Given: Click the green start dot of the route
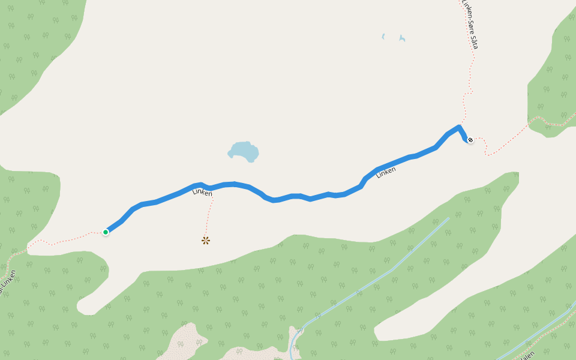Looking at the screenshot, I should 106,232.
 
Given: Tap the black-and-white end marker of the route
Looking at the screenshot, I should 470,140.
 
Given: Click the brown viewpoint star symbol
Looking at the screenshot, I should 206,241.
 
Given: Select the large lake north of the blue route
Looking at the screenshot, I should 245,151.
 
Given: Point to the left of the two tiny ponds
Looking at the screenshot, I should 383,37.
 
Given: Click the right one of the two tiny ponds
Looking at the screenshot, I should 402,39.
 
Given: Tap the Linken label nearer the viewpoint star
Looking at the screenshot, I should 202,193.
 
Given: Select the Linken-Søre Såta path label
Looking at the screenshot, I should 470,24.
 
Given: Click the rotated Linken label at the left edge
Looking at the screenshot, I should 7,283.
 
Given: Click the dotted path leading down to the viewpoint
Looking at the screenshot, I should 209,216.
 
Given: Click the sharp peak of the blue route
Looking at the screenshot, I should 459,127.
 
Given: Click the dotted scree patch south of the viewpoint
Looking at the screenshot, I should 183,342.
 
